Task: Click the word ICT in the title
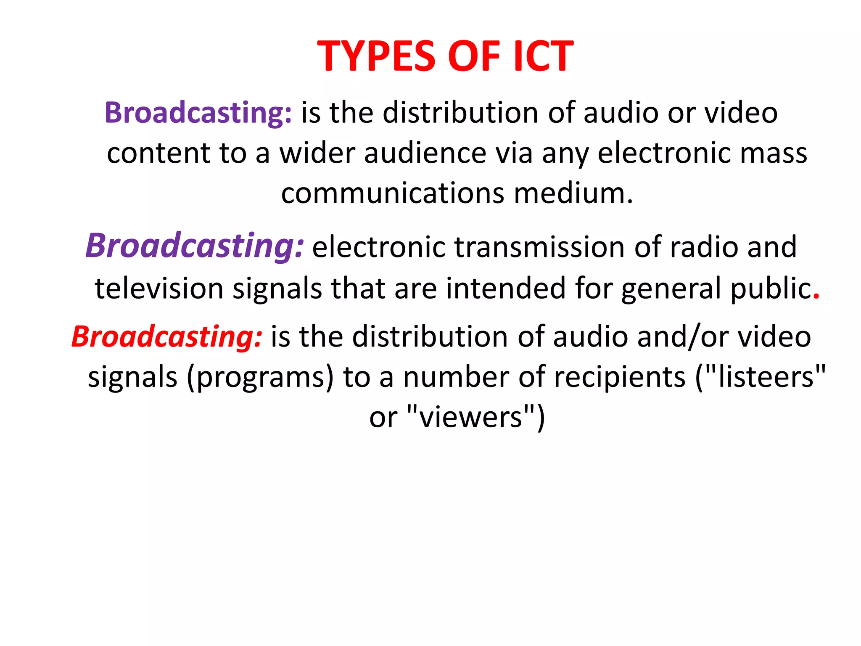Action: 543,56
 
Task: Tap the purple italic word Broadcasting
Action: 194,246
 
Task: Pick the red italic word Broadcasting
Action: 167,337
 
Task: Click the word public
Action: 771,289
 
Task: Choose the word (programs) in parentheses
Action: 260,377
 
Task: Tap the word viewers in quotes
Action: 471,417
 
